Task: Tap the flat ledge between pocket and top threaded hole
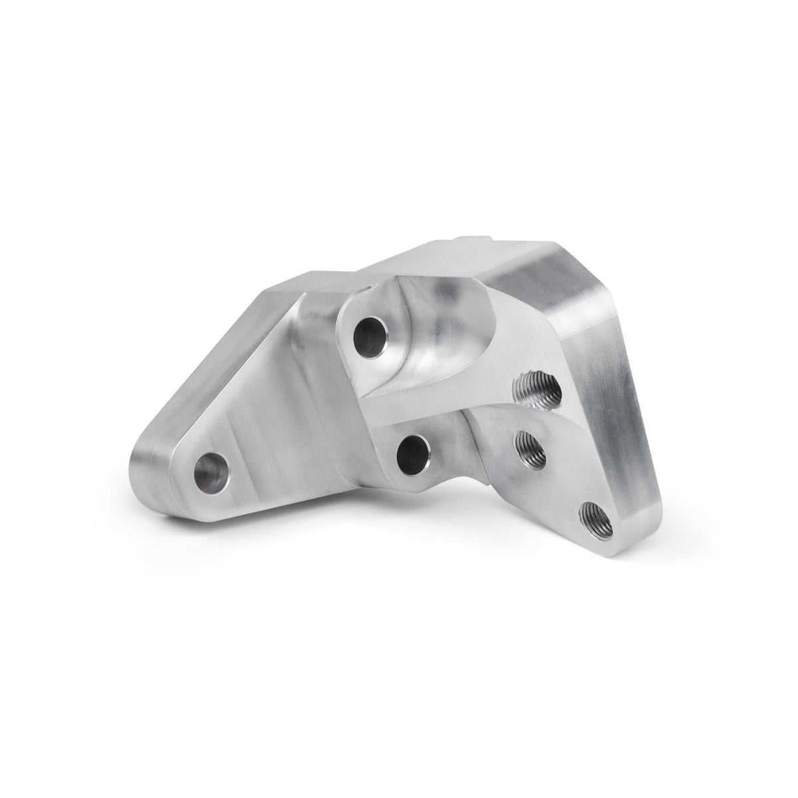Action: click(499, 386)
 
